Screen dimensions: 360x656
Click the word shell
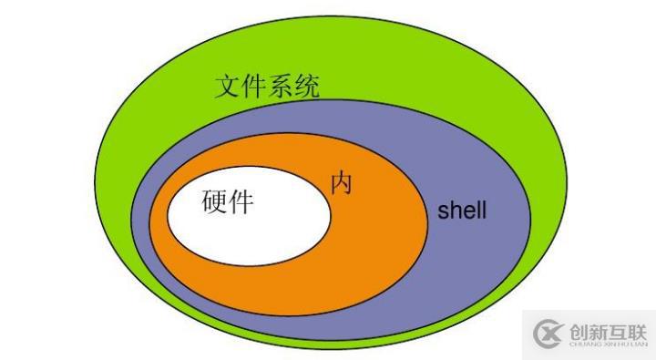coord(462,212)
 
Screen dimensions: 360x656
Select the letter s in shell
coord(443,213)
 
